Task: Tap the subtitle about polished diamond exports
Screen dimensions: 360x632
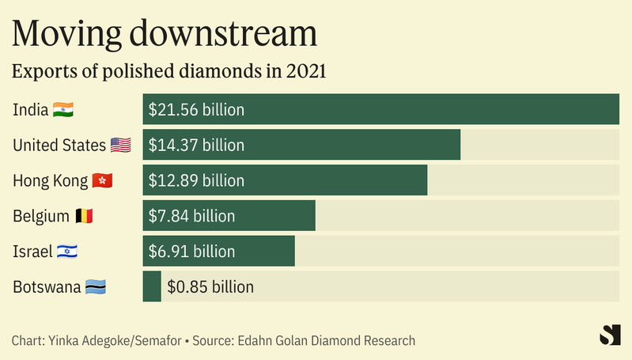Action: point(169,70)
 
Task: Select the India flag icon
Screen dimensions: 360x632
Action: point(63,109)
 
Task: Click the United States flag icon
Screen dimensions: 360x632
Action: point(120,145)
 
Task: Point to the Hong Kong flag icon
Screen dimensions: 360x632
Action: point(103,180)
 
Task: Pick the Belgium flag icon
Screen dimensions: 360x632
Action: point(85,216)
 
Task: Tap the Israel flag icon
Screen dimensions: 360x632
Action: point(67,252)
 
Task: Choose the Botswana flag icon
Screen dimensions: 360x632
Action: point(96,286)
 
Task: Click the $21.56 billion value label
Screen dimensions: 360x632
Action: point(196,109)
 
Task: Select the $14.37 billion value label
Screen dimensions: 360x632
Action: point(196,145)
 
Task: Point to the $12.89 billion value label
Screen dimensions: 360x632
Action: point(196,180)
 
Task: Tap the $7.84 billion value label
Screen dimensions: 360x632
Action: point(191,216)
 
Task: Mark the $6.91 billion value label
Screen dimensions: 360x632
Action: point(191,252)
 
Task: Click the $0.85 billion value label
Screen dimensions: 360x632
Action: point(210,286)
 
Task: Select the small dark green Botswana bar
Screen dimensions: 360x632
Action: point(152,286)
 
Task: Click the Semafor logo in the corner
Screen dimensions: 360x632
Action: point(609,335)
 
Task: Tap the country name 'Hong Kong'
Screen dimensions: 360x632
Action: point(50,180)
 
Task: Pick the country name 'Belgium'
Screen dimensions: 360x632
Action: point(41,216)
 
